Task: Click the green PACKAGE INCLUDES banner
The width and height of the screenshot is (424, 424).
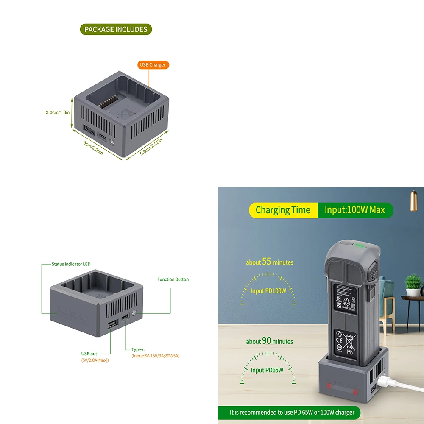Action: pos(116,29)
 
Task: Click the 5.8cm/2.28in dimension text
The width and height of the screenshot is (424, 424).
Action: pos(151,147)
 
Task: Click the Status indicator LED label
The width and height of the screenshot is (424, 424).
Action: pos(71,264)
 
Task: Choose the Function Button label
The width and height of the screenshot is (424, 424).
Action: pos(173,279)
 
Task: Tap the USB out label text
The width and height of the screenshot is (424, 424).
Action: pos(89,354)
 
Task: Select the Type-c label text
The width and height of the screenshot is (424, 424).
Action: pos(138,349)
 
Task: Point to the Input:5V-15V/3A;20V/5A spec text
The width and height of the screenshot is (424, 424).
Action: pos(155,356)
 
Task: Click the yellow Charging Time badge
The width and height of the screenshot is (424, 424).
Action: pos(283,210)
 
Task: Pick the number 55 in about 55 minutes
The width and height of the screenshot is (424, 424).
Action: pos(266,262)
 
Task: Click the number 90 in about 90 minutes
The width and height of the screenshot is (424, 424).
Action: pos(266,341)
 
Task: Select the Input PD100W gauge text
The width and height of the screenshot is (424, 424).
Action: pos(268,291)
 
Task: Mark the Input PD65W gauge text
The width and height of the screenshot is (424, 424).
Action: pos(266,370)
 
